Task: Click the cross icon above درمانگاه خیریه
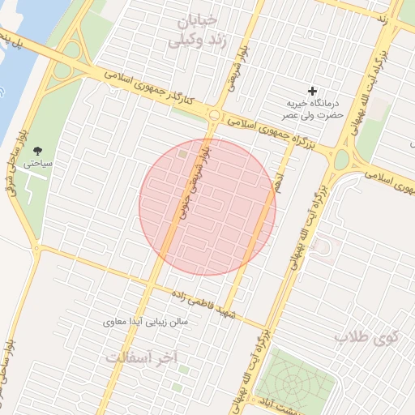pos(313,91)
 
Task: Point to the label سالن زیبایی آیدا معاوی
pos(146,323)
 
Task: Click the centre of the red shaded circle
pos(207,207)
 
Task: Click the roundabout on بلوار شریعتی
pos(213,115)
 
